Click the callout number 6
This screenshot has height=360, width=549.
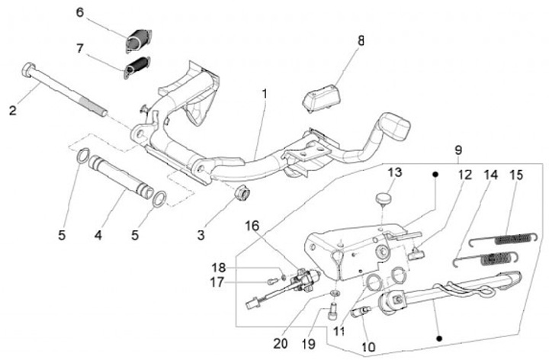[80, 13]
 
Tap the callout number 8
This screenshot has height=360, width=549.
[361, 41]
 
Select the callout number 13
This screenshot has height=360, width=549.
[395, 172]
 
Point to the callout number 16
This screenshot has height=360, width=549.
[252, 226]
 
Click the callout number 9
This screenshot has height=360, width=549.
[458, 150]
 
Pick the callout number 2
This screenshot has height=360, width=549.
[13, 111]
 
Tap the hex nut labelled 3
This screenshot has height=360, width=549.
[242, 192]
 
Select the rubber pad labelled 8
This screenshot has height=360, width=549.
[322, 98]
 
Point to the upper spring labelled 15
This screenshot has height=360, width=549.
[504, 239]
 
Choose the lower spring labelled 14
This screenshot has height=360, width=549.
[486, 259]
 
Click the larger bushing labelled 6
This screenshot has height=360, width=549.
[138, 40]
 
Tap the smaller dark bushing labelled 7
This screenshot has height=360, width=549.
[137, 67]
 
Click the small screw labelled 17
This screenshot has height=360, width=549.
[271, 281]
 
